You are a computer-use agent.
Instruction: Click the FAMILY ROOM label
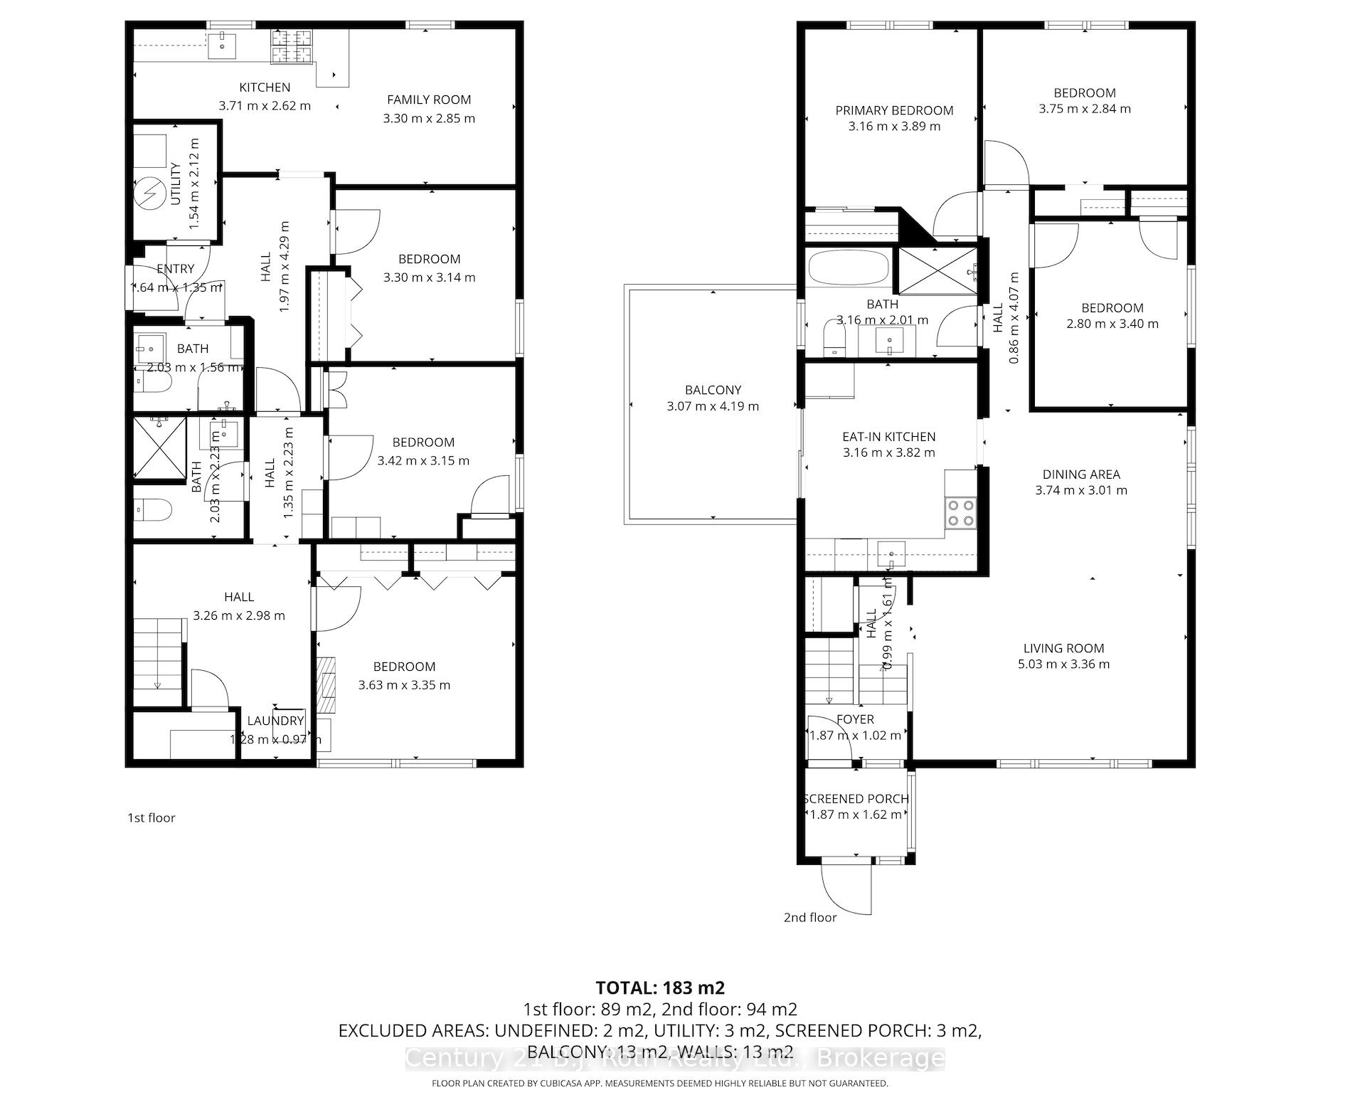click(429, 100)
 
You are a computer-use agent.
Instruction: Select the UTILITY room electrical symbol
click(152, 194)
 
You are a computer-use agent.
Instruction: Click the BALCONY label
click(713, 390)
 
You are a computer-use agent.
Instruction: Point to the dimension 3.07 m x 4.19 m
click(713, 407)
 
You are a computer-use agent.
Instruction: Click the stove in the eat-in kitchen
click(961, 512)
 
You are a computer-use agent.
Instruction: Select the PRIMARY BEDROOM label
click(894, 110)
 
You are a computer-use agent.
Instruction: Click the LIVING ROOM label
click(1063, 648)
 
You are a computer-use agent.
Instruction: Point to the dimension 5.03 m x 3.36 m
click(1063, 664)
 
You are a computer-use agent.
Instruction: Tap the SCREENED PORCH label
click(856, 798)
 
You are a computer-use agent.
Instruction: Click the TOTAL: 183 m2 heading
click(659, 987)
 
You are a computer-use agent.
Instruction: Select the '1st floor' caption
click(151, 818)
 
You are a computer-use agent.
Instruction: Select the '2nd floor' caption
click(810, 918)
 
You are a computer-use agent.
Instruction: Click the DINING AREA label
click(1081, 475)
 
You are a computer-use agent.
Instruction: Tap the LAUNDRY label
click(275, 721)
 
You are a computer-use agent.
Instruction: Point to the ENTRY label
click(175, 269)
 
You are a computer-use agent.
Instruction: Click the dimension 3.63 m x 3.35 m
click(404, 685)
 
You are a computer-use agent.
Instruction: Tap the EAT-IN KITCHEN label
click(888, 437)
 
